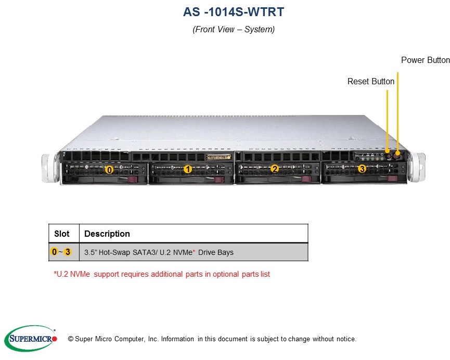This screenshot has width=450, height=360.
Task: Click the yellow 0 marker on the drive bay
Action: pos(109,170)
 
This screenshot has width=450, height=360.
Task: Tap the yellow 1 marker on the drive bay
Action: pos(188,169)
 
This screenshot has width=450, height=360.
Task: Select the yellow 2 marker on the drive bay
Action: pos(275,169)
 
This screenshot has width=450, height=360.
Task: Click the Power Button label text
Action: pos(425,60)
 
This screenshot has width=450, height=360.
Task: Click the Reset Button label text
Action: pos(371,82)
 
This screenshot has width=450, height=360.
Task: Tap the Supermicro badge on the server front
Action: pos(216,156)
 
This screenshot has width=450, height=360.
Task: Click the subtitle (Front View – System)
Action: pos(234,30)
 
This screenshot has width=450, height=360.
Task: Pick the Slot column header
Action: pos(62,234)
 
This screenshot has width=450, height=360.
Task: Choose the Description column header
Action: pos(107,234)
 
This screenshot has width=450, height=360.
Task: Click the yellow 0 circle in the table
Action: pos(55,252)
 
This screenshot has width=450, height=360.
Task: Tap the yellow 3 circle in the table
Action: pos(68,252)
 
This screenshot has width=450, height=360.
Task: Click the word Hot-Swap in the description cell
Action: pos(114,252)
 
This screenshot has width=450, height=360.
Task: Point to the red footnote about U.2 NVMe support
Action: pos(162,274)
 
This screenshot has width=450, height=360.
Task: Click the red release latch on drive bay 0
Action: pos(133,180)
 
